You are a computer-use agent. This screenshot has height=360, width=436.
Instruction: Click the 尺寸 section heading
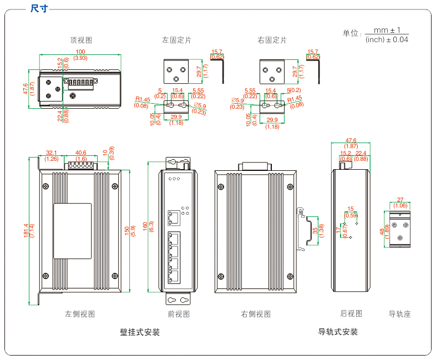click(39, 8)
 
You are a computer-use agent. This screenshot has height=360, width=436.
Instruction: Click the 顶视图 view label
click(80, 40)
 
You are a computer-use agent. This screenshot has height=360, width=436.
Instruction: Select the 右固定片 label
click(272, 40)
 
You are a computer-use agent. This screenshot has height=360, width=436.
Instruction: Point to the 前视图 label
click(179, 314)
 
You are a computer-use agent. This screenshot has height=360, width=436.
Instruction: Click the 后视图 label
click(351, 313)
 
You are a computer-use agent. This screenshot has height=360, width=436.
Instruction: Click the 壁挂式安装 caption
click(140, 332)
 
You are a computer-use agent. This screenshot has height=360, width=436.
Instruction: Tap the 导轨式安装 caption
click(338, 332)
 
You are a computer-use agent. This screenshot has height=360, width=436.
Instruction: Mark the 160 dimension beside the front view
click(145, 227)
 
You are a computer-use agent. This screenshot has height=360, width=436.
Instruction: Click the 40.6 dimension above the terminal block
click(80, 153)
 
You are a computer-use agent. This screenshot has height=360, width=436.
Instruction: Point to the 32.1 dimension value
click(52, 153)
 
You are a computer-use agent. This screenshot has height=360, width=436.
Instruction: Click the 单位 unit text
click(351, 33)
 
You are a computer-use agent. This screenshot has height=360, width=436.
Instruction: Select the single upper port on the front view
click(174, 216)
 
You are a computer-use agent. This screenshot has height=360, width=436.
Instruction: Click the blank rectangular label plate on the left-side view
click(72, 231)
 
